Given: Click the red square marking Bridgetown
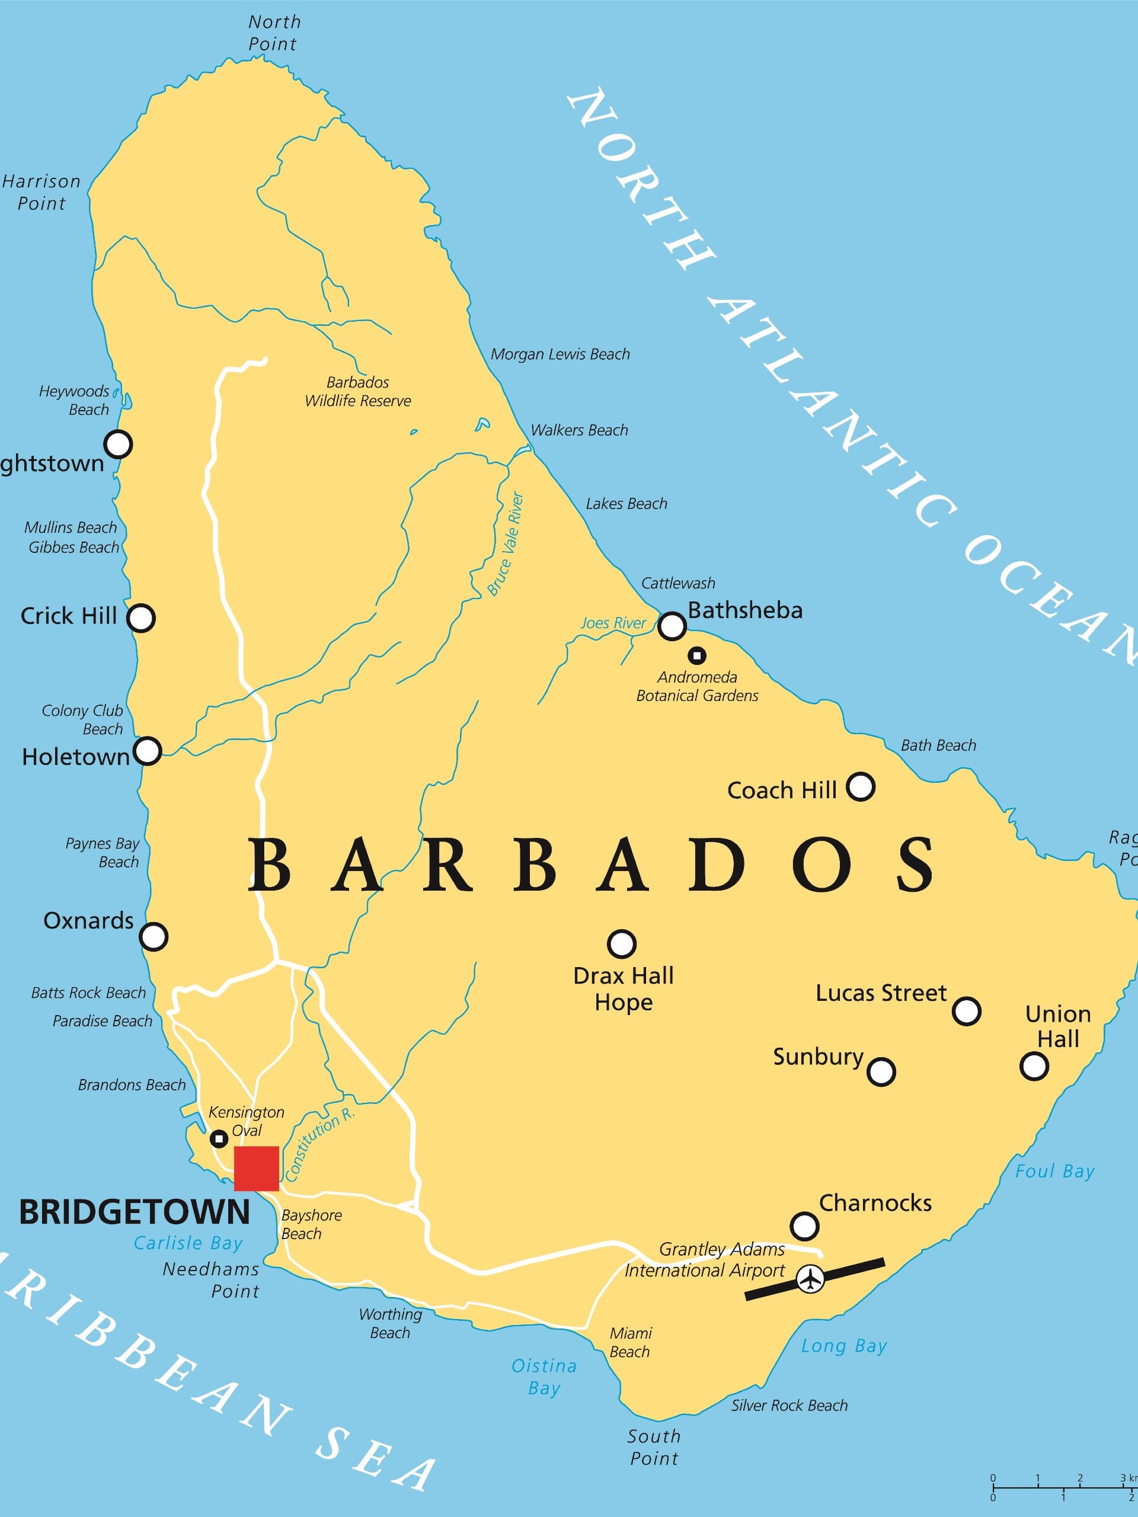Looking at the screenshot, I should (256, 1168).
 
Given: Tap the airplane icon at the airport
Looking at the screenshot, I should (810, 1278).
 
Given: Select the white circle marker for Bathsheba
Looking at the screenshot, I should (672, 625).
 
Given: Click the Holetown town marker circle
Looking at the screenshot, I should (147, 751).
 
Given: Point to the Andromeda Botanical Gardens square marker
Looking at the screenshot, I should (697, 655).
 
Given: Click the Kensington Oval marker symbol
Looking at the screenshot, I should (218, 1139).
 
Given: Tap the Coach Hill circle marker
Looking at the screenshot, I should (860, 786).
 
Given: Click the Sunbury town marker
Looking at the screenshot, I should (881, 1071).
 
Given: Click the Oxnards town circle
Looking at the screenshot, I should (153, 936).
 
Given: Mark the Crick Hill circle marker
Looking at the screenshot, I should (140, 618).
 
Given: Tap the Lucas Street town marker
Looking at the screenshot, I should (967, 1011).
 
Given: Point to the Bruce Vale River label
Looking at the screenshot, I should (506, 544).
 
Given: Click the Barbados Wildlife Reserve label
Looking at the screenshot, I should (357, 392).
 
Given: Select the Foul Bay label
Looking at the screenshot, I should (1054, 1172).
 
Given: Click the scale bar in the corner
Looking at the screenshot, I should (1063, 1486).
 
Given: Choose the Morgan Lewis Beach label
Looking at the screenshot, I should (560, 354).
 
